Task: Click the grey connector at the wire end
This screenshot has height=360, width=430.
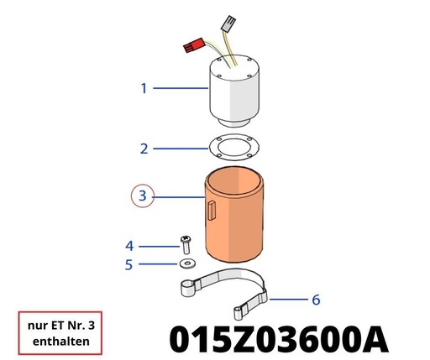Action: [228, 23]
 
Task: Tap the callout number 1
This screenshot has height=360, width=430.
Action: [144, 88]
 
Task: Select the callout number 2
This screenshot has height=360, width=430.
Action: [144, 149]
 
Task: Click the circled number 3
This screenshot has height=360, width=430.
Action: [143, 196]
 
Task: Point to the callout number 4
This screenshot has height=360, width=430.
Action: [129, 246]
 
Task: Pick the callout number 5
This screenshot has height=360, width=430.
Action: [128, 264]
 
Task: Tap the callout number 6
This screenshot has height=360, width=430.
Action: [316, 300]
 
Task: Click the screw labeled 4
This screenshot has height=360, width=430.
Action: [186, 245]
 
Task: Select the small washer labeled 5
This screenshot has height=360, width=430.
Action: [187, 263]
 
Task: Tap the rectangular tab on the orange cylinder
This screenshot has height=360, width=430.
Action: [212, 211]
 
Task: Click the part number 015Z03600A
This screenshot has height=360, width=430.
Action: [279, 339]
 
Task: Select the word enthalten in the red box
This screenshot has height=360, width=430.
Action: [61, 342]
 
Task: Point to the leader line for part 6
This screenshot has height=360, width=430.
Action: [289, 300]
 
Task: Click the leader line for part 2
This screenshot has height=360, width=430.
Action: [181, 149]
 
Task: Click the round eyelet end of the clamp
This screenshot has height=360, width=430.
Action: [187, 288]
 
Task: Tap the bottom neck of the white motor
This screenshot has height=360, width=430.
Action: [234, 123]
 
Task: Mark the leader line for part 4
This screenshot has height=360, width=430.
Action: [159, 247]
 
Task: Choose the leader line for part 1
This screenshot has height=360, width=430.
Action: [181, 88]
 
